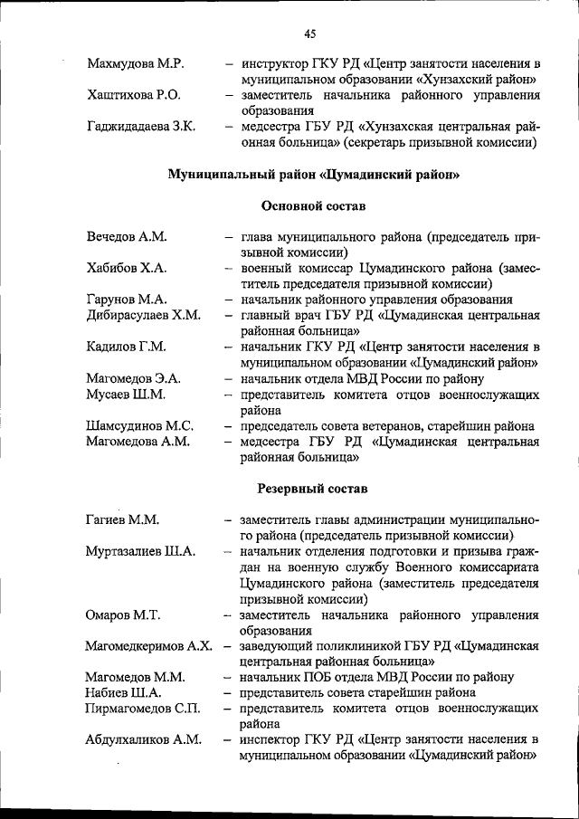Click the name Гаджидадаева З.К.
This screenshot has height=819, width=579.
point(141,126)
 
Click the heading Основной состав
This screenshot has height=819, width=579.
point(313,206)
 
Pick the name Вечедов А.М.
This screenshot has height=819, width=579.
point(128,237)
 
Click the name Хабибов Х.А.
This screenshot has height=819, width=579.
point(127,269)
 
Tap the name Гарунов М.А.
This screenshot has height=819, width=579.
point(126,300)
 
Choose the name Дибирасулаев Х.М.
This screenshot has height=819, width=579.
point(143,315)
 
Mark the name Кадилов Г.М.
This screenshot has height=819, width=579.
point(126,347)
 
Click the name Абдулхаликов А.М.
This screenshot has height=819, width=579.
point(143,739)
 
